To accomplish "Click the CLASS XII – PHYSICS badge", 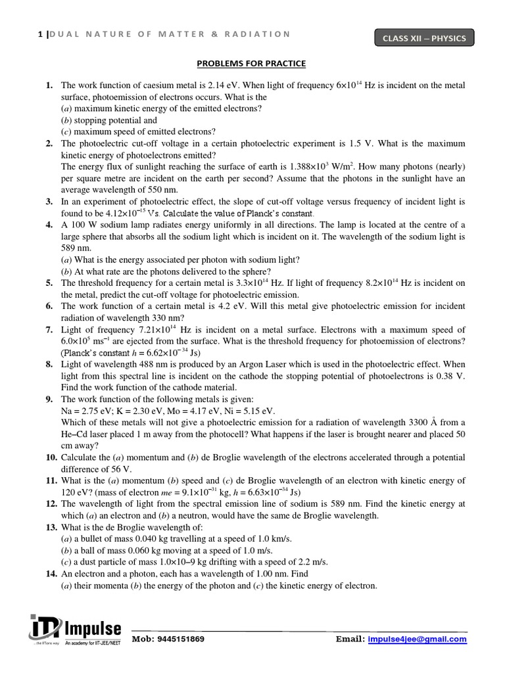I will click(x=424, y=38).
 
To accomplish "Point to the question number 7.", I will click(x=49, y=330).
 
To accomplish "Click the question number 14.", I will click(x=51, y=574).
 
